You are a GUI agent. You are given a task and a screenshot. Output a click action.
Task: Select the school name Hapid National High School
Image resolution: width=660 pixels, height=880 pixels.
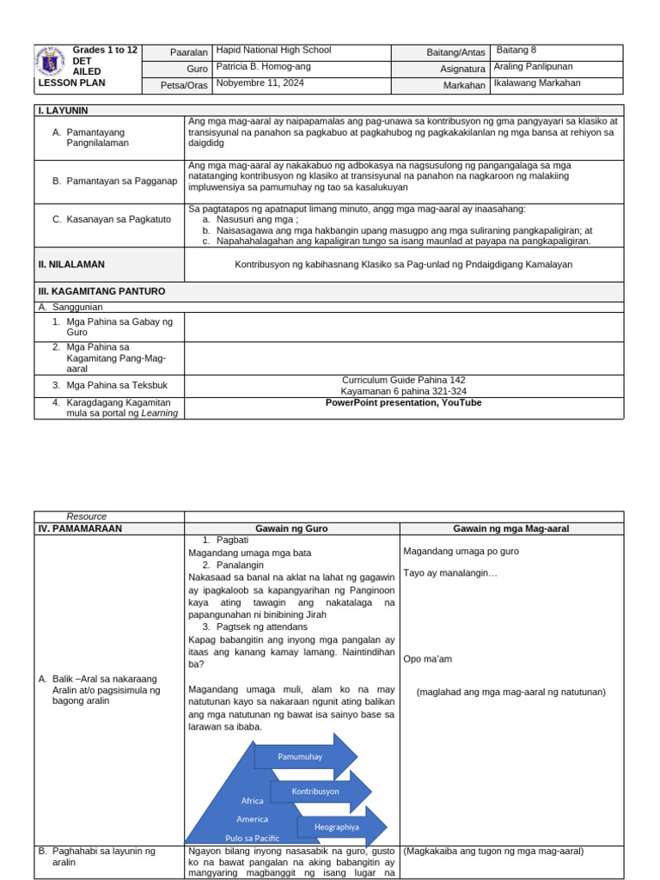[x=273, y=51]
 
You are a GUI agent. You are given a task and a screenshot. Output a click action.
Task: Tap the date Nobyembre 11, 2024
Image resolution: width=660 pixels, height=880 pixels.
[x=260, y=83]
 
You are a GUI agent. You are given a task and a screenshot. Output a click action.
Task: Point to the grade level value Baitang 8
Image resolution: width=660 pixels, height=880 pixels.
[x=516, y=51]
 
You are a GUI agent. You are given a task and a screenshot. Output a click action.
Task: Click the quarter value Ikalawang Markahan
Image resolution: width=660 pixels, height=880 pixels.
[x=537, y=83]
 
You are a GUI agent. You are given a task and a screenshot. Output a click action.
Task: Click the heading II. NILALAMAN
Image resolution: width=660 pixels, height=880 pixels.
[x=70, y=265]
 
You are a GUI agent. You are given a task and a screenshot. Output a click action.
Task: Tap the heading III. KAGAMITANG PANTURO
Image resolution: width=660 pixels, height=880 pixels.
[x=101, y=291]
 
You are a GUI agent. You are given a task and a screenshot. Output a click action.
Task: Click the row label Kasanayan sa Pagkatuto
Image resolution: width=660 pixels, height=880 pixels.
[x=107, y=219]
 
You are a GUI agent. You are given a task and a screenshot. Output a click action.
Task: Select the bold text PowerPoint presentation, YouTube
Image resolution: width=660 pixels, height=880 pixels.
[x=403, y=403]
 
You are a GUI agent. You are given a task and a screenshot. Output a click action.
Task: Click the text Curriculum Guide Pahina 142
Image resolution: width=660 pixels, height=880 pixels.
[x=403, y=380]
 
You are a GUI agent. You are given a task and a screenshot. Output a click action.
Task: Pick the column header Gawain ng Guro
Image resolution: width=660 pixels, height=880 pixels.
[x=291, y=529]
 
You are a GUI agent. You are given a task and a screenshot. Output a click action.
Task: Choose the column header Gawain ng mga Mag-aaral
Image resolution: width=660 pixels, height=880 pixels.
[x=511, y=529]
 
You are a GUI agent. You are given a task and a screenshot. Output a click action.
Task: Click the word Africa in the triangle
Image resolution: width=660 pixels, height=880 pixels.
[x=252, y=801]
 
